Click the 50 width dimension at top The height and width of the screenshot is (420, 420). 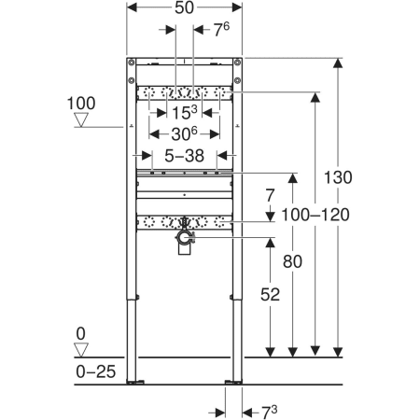[x=184, y=7]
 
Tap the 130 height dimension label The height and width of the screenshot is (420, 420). [x=338, y=177]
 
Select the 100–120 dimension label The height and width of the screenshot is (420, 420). [x=315, y=215]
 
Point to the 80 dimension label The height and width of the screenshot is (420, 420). [x=292, y=261]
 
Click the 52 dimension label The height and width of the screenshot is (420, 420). [x=270, y=294]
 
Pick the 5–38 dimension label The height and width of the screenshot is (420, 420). [x=184, y=156]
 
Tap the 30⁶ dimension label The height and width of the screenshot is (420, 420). [x=184, y=133]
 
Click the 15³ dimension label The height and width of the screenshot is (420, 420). [x=184, y=112]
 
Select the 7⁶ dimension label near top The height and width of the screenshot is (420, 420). [x=221, y=30]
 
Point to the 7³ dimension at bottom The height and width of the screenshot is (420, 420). [x=269, y=413]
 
